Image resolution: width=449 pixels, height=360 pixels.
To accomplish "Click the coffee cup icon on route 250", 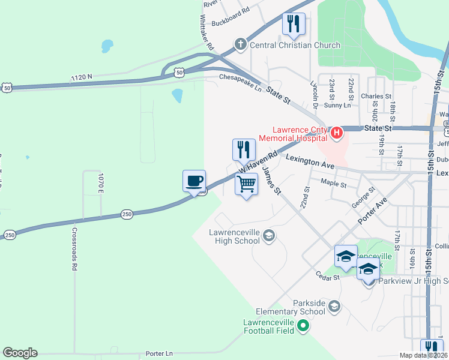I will [x=194, y=181].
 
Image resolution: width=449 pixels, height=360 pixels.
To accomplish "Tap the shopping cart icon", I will [x=246, y=185].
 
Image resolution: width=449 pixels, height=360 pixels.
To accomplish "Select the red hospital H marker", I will [x=337, y=132].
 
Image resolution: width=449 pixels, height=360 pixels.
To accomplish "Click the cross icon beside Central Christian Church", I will [x=240, y=44].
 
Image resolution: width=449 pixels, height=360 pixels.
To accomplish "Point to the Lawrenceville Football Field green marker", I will [x=303, y=326].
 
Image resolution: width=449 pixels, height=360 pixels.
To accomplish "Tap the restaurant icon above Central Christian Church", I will [x=294, y=24].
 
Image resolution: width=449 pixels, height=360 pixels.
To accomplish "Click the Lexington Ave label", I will [x=309, y=159].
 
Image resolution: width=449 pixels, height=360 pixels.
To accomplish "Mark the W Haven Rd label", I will [x=259, y=161].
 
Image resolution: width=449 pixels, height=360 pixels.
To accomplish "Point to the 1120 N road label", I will [x=81, y=77].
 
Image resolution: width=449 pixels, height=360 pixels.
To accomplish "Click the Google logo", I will [x=20, y=352].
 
